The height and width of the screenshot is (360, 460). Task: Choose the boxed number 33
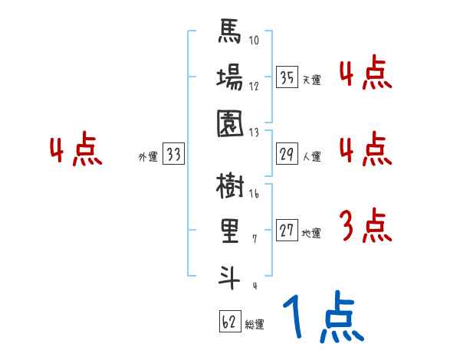(x=173, y=155)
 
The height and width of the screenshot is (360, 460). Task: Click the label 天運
(x=311, y=80)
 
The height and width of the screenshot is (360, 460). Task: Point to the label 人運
(x=311, y=157)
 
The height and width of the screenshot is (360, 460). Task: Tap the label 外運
(x=148, y=157)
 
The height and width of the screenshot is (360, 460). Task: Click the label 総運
(x=255, y=325)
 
